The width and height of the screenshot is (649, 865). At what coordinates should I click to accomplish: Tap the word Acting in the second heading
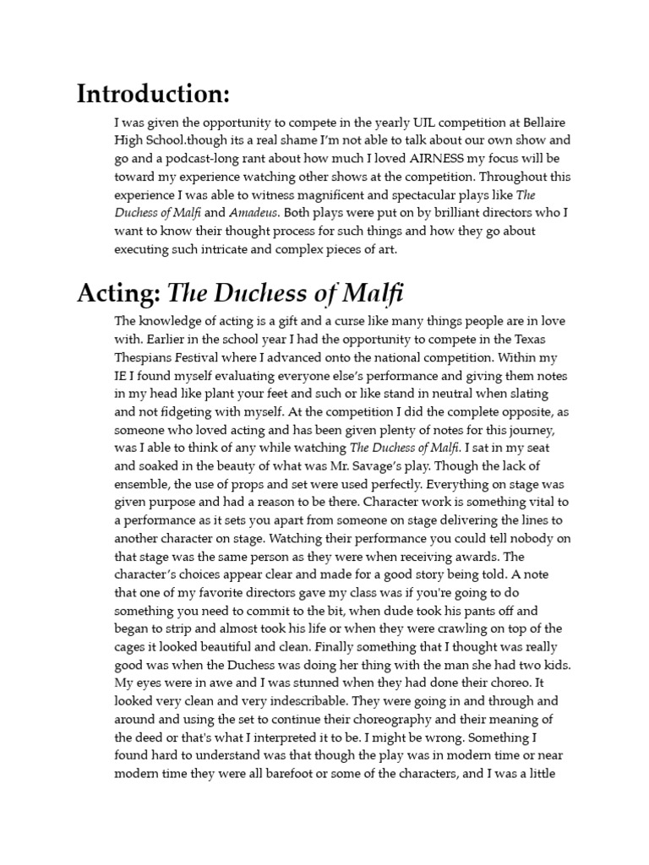pyautogui.click(x=118, y=293)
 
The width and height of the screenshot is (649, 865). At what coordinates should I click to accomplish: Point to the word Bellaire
pyautogui.click(x=536, y=122)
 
